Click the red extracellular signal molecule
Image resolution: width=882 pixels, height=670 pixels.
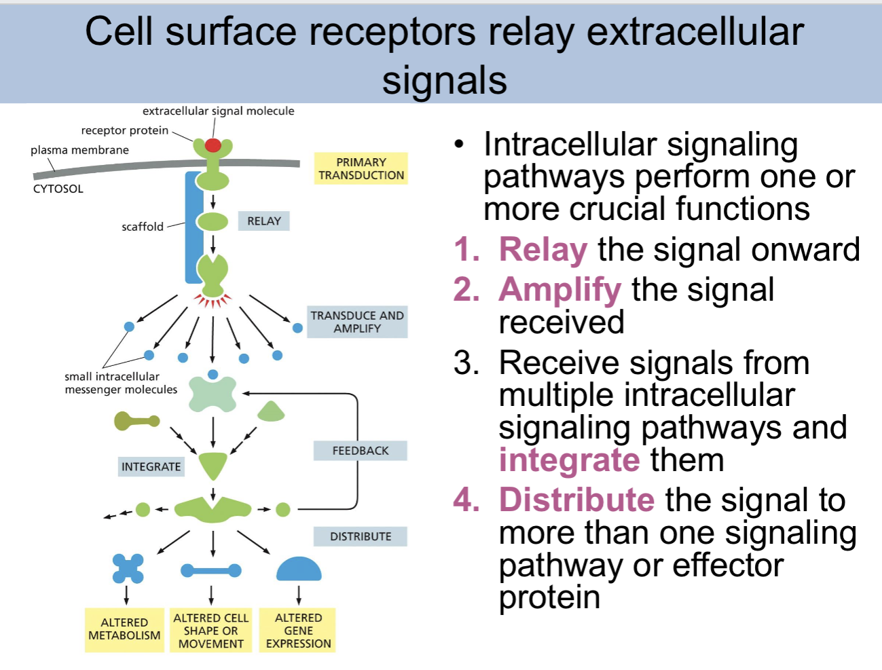213,145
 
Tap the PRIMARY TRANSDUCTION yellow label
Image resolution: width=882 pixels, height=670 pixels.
361,168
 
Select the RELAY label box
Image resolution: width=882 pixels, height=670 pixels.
263,221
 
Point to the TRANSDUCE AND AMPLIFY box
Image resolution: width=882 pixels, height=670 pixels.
357,322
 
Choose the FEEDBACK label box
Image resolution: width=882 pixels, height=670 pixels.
360,451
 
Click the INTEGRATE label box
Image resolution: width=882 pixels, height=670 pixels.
151,466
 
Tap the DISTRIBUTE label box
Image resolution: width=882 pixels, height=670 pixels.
360,536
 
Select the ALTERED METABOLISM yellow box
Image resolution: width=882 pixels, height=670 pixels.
124,629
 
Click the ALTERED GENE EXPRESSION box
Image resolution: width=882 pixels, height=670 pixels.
298,631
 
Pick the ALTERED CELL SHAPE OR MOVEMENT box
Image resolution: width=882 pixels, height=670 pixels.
211,631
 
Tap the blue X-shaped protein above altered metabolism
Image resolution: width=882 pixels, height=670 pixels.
128,569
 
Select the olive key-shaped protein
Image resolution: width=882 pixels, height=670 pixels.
136,421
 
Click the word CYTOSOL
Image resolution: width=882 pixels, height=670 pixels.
58,189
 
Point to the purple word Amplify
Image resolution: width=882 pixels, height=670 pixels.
559,290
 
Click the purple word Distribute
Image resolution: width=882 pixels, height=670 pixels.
576,500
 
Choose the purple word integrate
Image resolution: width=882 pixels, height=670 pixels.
569,460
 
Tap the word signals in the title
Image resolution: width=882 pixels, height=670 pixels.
444,80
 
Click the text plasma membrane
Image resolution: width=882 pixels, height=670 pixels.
79,150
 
